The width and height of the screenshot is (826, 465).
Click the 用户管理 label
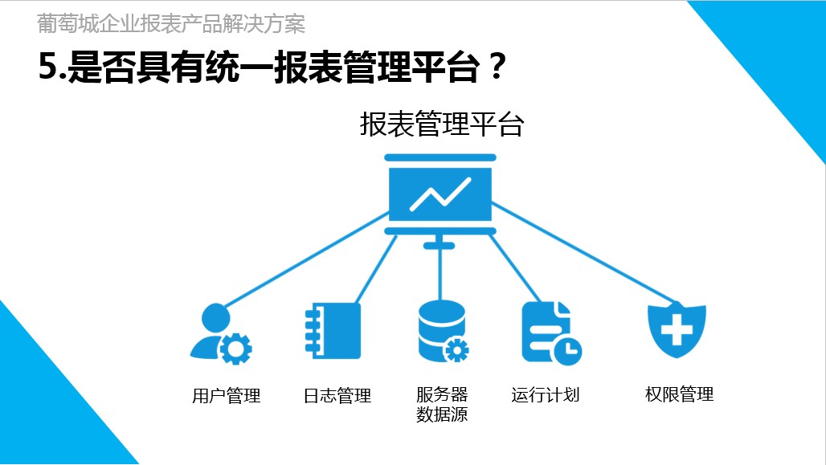tap(227, 395)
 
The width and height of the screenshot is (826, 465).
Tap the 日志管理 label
tap(337, 395)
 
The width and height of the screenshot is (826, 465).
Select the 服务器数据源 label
tap(442, 405)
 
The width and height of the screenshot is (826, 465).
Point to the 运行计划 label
tap(545, 394)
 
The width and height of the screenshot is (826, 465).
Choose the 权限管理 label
tap(679, 394)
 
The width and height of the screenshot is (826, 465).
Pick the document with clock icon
tap(550, 332)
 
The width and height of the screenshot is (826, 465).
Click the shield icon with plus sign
tap(677, 329)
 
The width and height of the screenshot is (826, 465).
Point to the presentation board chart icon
tap(440, 194)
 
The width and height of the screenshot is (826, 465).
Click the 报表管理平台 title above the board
tap(441, 125)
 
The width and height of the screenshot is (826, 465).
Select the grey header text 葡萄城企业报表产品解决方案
tap(171, 24)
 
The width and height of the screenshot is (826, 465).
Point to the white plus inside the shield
tap(677, 327)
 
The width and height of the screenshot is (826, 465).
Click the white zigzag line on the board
tap(440, 193)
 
